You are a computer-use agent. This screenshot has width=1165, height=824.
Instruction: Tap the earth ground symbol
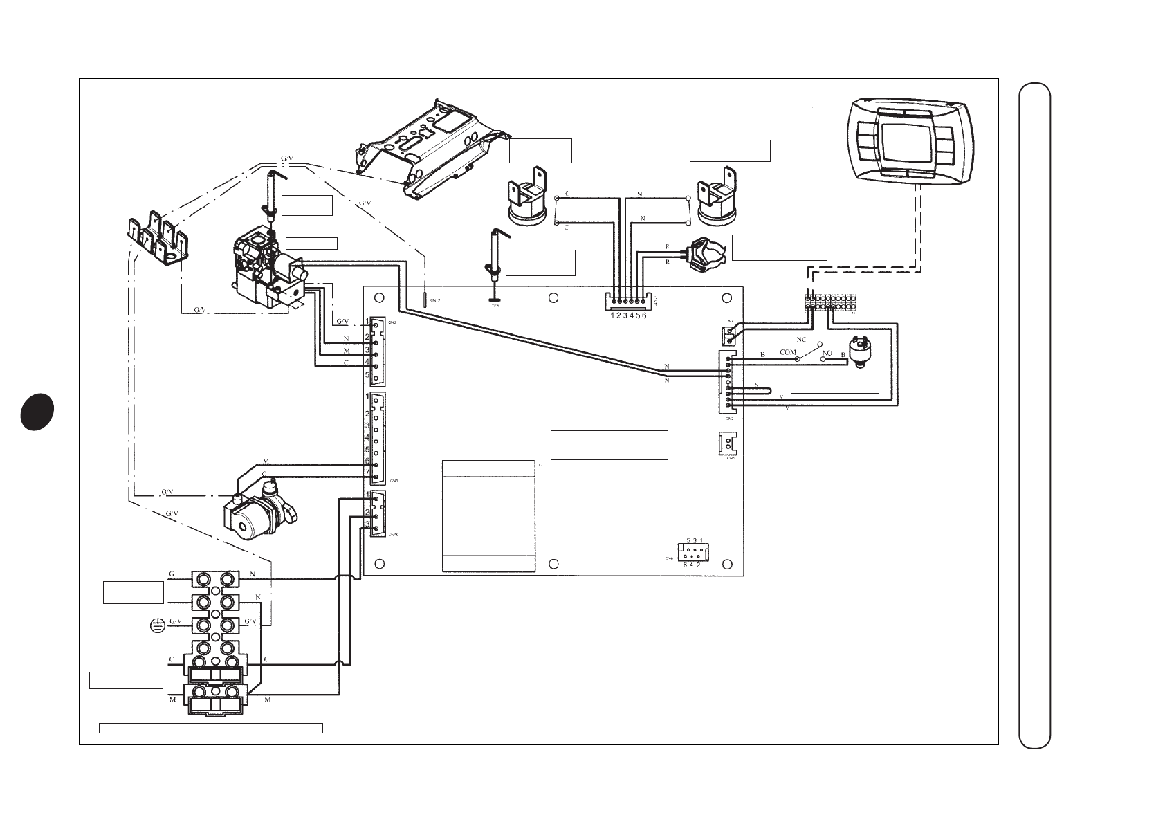pyautogui.click(x=158, y=626)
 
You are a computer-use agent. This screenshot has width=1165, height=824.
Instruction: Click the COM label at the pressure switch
pyautogui.click(x=788, y=352)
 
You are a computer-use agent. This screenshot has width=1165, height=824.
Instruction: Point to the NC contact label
pyautogui.click(x=801, y=340)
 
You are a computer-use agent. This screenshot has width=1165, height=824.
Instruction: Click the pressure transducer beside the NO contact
pyautogui.click(x=859, y=351)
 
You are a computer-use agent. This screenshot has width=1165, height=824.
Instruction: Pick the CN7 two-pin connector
pyautogui.click(x=728, y=336)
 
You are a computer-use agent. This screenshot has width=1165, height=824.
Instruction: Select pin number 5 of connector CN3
pyautogui.click(x=368, y=375)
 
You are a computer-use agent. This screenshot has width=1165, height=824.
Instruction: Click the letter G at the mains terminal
pyautogui.click(x=172, y=574)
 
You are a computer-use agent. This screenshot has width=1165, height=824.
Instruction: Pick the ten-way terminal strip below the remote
pyautogui.click(x=830, y=302)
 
